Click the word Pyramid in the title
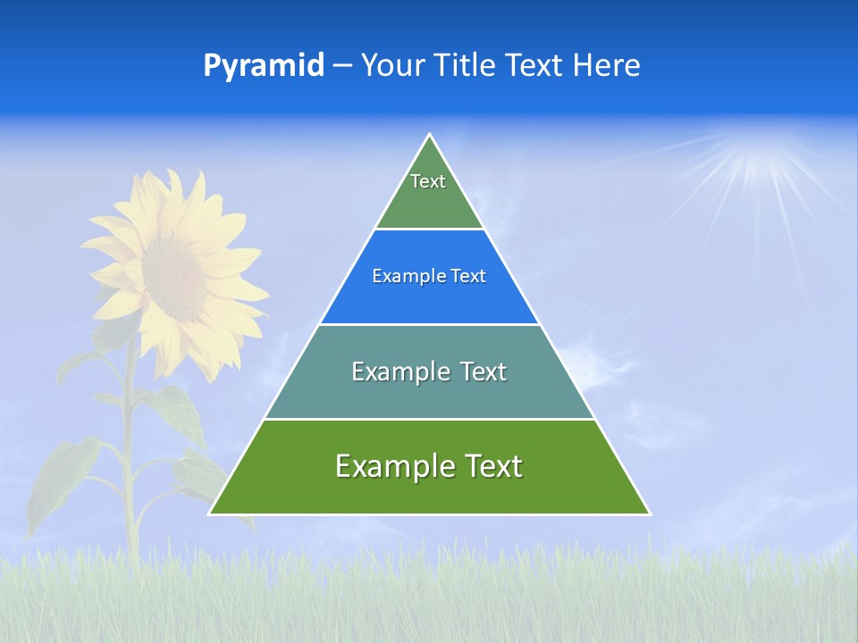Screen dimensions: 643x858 click(x=264, y=65)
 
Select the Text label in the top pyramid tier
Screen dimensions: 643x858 click(x=428, y=181)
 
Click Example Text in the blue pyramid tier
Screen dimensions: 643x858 click(x=429, y=276)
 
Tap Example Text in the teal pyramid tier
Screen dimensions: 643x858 click(x=429, y=372)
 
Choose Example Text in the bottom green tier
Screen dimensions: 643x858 click(x=429, y=466)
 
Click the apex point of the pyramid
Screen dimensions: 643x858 click(x=430, y=135)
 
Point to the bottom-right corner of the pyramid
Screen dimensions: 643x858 click(x=649, y=514)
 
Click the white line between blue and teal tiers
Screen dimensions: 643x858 click(x=429, y=324)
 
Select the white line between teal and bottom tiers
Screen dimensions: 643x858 click(x=429, y=419)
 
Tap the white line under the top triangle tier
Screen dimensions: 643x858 click(x=429, y=230)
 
